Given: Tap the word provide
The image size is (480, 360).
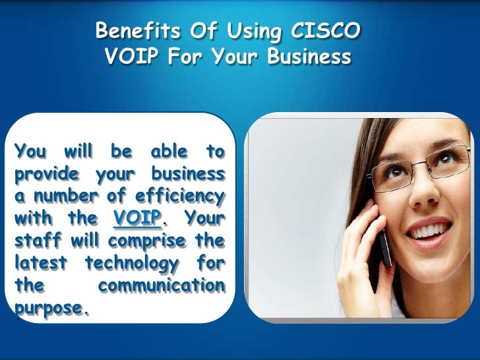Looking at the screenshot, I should tap(46, 173).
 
